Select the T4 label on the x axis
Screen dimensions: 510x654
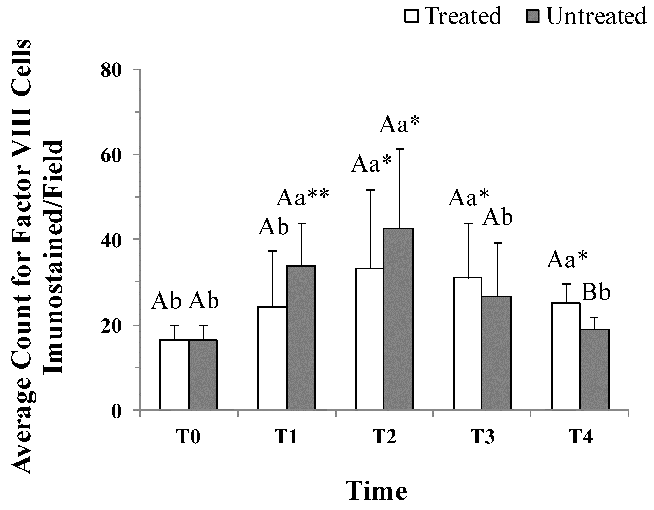point(580,437)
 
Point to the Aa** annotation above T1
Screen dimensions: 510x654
point(303,197)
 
